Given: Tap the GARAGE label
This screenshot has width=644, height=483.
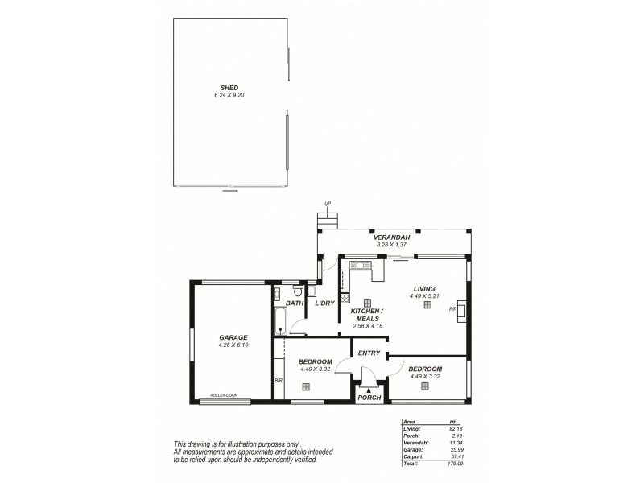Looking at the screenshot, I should click(233, 337).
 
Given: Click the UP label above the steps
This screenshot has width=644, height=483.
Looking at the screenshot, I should click(327, 204).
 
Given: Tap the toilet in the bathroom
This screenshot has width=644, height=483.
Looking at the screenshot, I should click(297, 291).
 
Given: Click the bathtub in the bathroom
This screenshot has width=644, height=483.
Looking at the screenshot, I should click(279, 320).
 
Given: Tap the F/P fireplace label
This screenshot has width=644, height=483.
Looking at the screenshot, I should click(452, 308).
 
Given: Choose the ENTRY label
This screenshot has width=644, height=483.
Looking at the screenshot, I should click(369, 353).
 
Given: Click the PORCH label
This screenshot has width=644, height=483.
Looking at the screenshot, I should click(369, 397).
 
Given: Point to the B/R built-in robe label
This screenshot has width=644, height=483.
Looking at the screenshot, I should click(277, 381).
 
